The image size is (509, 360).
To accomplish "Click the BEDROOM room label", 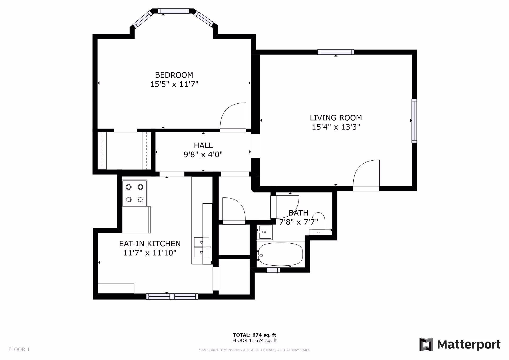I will coord(174,75).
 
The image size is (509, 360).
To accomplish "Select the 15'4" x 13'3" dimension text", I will coord(336,127).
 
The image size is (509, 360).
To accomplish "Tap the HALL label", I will coord(203,145).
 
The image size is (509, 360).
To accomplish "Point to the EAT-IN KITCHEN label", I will coord(150,244).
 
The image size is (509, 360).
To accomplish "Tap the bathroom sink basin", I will coord(264,232).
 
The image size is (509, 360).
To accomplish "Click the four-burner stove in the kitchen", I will coord(134,193).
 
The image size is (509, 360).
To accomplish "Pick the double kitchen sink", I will coord(201,247).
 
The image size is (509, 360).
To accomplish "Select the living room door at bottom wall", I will coord(366,175).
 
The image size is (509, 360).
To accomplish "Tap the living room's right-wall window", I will coord(414,121).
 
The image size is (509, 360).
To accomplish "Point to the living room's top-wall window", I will coord(336,52).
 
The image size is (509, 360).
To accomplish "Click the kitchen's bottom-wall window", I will coord(172,296).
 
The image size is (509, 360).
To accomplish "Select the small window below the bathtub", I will coord(273,270).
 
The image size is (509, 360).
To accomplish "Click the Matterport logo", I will coord(460,344).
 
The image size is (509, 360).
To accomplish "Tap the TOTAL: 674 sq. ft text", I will coord(254,335).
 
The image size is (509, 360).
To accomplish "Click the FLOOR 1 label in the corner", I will coord(19,349).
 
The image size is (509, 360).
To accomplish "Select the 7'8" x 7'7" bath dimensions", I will coord(299,222).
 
